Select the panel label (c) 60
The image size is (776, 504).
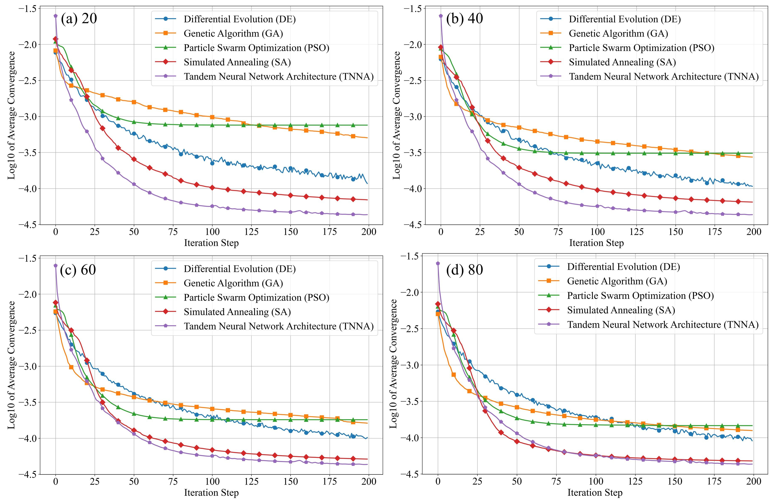click(x=78, y=270)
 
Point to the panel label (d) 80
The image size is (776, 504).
click(x=464, y=270)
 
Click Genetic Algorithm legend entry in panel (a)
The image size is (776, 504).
click(x=233, y=33)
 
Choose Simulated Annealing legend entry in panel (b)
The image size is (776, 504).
click(x=622, y=62)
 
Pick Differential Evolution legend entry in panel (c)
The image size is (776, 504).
click(x=240, y=269)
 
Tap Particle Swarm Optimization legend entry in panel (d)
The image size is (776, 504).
click(x=640, y=296)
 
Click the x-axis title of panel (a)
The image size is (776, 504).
click(x=211, y=243)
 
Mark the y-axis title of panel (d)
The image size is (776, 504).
click(x=393, y=364)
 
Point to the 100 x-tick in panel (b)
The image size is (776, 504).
click(x=597, y=232)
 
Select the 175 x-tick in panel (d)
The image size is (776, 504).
click(x=714, y=481)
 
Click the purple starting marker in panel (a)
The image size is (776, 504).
click(x=55, y=16)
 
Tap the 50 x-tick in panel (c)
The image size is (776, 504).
click(x=134, y=481)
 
